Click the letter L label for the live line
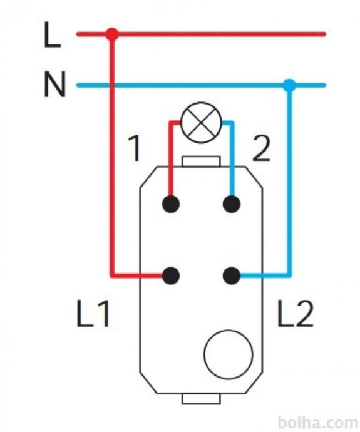pyautogui.click(x=52, y=35)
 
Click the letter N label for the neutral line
pyautogui.click(x=55, y=85)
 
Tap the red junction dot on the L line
pyautogui.click(x=112, y=34)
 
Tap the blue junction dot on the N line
pyautogui.click(x=289, y=85)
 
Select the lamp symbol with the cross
pyautogui.click(x=201, y=123)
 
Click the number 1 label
pyautogui.click(x=135, y=148)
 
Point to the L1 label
pyautogui.click(x=93, y=314)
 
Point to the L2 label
pyautogui.click(x=295, y=314)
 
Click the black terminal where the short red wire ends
pyautogui.click(x=171, y=204)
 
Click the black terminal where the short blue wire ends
pyautogui.click(x=232, y=204)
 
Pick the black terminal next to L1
pyautogui.click(x=171, y=275)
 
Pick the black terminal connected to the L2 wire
pyautogui.click(x=232, y=275)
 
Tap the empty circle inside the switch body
pyautogui.click(x=229, y=354)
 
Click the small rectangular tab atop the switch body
pyautogui.click(x=201, y=162)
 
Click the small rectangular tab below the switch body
pyautogui.click(x=201, y=399)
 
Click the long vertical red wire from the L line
pyautogui.click(x=112, y=154)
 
